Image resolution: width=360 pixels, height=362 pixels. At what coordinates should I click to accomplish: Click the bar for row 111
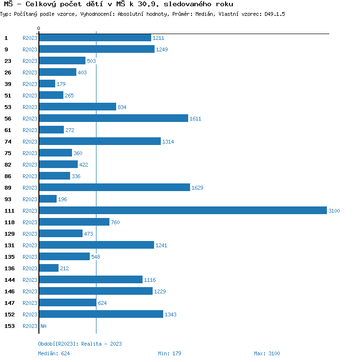click(x=182, y=210)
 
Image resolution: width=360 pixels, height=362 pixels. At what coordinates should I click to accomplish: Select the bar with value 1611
click(x=113, y=118)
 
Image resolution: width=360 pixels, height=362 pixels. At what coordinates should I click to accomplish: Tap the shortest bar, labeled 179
click(x=47, y=84)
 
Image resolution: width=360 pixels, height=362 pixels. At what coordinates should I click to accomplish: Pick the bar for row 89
click(x=114, y=187)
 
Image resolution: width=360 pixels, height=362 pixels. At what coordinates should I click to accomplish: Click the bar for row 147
click(x=68, y=302)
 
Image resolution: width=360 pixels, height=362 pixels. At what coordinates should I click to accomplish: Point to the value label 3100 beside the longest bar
click(x=334, y=211)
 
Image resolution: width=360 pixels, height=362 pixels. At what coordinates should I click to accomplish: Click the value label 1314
click(x=168, y=142)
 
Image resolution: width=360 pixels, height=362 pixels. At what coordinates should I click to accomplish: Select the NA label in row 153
click(x=43, y=326)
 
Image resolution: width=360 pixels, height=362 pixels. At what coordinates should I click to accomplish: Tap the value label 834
click(x=122, y=107)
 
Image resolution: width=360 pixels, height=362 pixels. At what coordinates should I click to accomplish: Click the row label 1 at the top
click(x=6, y=38)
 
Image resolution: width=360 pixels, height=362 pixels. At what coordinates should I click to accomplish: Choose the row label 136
click(x=10, y=268)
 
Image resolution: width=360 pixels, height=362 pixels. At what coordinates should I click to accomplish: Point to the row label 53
click(x=8, y=107)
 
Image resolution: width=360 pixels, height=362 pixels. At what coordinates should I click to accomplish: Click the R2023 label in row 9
click(x=30, y=49)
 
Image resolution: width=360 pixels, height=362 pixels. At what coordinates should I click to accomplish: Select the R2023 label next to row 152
click(x=30, y=314)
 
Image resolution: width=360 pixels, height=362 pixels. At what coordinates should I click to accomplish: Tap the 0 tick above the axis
click(x=38, y=29)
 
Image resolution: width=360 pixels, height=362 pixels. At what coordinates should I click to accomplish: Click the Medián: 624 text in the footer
click(x=54, y=353)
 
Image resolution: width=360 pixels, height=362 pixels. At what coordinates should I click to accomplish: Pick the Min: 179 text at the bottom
click(x=169, y=353)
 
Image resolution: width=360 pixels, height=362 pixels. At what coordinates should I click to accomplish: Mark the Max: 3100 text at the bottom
click(x=267, y=353)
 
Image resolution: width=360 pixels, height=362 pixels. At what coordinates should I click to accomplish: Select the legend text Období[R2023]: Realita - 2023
click(x=80, y=344)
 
